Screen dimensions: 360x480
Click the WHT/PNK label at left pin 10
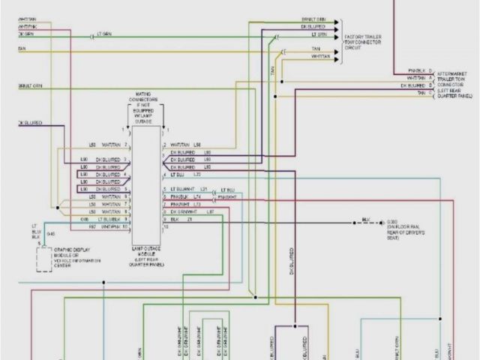pos(110,226)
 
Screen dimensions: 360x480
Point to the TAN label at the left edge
pos(22,50)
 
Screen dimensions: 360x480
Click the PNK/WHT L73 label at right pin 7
pos(184,205)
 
